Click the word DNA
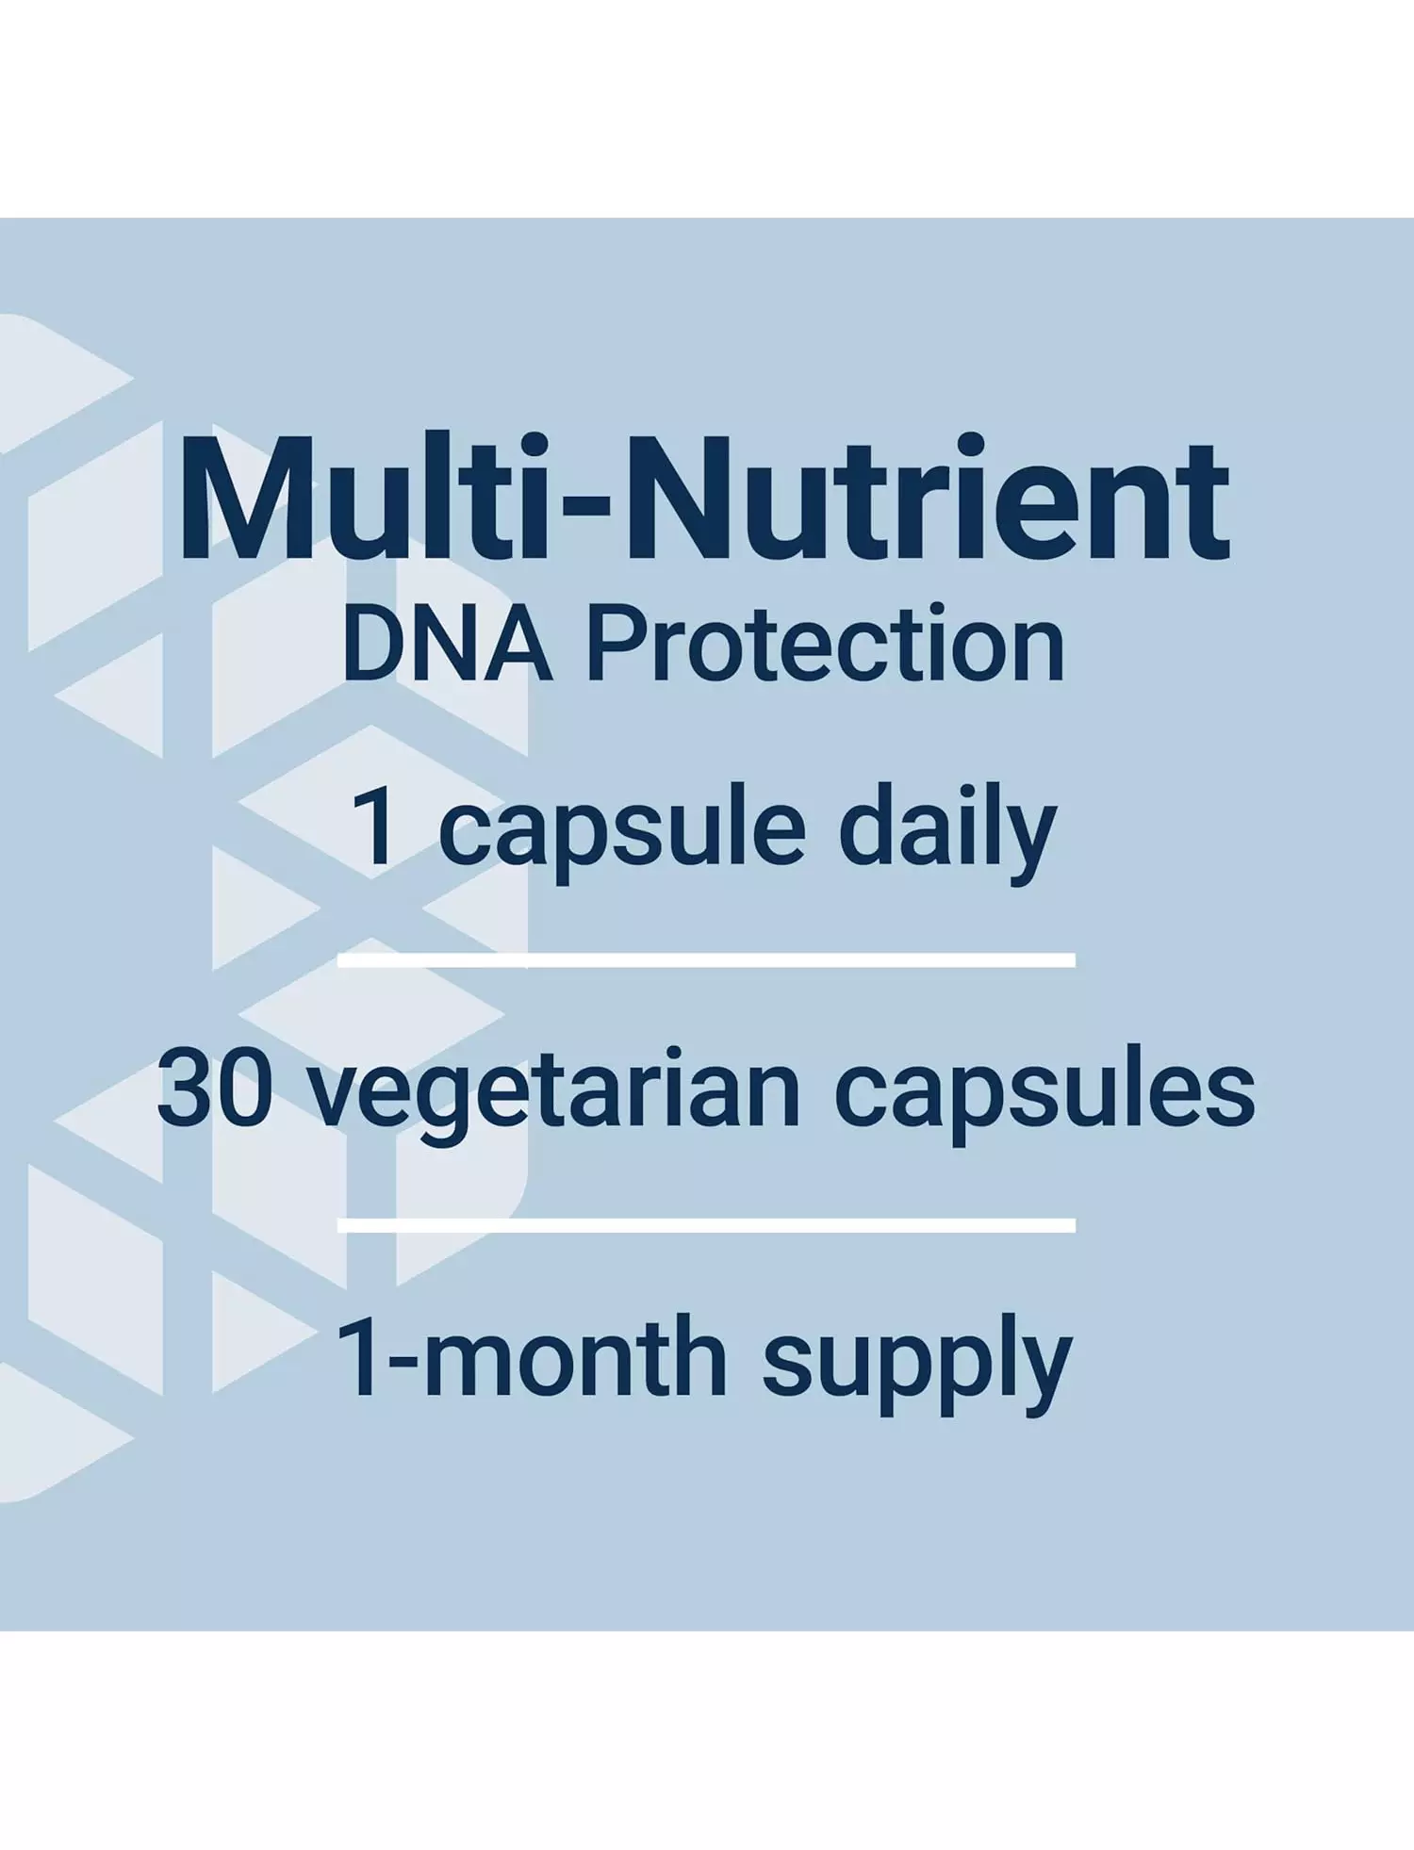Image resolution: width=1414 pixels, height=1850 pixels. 447,645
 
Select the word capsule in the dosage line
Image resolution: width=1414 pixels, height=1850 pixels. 622,834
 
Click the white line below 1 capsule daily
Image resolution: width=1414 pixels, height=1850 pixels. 706,959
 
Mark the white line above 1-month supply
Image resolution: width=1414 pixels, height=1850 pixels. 706,1225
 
